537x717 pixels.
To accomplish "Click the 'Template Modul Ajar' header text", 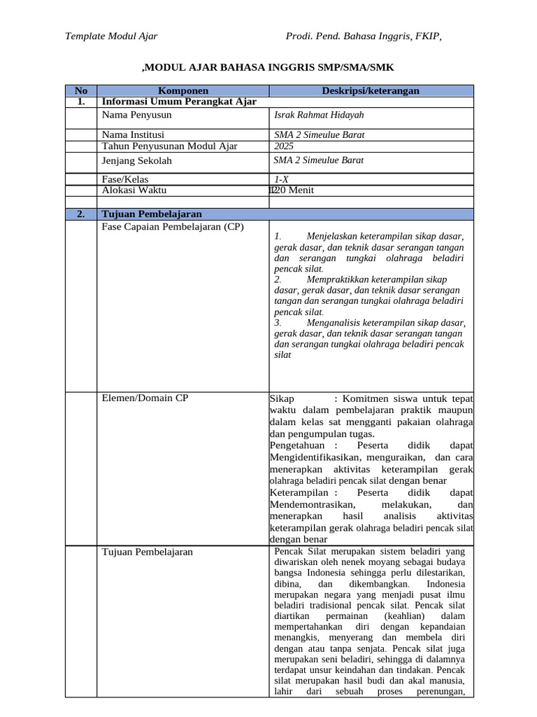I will [111, 36].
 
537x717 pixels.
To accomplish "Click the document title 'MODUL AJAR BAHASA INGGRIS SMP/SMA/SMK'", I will [268, 68].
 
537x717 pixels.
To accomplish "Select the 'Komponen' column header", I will [183, 90].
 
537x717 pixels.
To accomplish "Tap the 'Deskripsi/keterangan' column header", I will [371, 90].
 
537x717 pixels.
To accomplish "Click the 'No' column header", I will [81, 90].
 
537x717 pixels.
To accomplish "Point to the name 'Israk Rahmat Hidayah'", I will [320, 115].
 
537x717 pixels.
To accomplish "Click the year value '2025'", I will [285, 146].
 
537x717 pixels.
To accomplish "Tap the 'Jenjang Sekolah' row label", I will [137, 160].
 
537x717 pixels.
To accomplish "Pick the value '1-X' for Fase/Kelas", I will [282, 179].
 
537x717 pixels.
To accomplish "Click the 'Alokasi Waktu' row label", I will [134, 190].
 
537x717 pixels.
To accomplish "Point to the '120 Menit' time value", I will [292, 190].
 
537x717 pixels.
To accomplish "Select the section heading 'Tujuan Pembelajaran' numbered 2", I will [152, 214].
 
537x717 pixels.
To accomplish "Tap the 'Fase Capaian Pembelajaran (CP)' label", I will [173, 227].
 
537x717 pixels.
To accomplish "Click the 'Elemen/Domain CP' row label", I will [145, 398].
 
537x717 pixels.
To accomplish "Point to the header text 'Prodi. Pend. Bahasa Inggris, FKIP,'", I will [364, 36].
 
